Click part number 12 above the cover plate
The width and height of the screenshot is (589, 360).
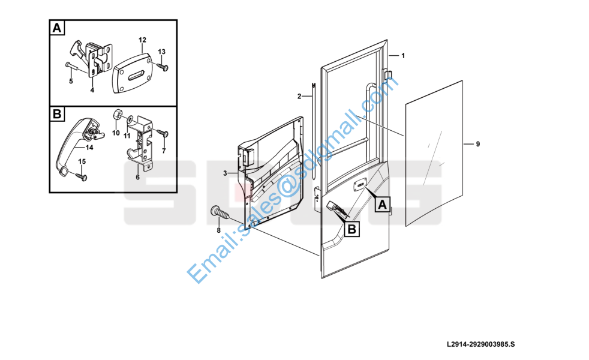[142, 40]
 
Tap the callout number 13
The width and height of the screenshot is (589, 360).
[161, 52]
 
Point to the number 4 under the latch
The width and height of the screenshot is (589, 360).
[92, 90]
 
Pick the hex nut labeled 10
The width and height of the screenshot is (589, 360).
[116, 114]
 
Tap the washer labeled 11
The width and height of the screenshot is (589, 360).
[130, 119]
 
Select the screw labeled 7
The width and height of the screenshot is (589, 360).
[163, 133]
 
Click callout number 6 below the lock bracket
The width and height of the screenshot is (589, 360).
[137, 177]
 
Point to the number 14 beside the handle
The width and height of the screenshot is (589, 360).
[89, 148]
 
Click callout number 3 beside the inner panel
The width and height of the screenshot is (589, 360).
[225, 173]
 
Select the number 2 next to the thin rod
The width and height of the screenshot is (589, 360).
[299, 97]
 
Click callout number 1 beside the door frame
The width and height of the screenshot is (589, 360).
[403, 56]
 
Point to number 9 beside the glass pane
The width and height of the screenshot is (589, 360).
[478, 144]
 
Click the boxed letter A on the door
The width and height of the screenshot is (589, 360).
[382, 205]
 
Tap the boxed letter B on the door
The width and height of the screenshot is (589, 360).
[352, 229]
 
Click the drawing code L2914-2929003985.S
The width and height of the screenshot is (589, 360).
[481, 344]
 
